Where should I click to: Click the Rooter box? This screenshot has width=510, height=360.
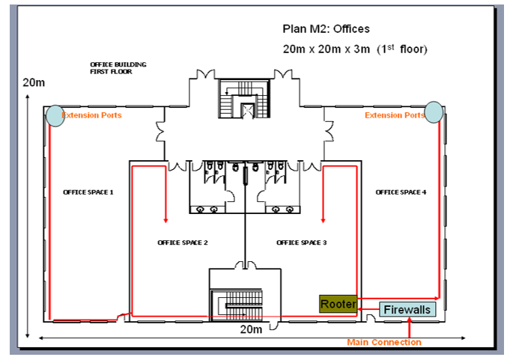click(x=338, y=304)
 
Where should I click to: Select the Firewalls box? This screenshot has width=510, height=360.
click(x=407, y=309)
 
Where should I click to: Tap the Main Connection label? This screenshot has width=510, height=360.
click(x=384, y=342)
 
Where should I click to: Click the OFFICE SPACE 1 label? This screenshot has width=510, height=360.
click(x=88, y=192)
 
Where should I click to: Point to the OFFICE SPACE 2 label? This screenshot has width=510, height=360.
click(x=183, y=242)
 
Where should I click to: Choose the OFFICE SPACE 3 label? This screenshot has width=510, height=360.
click(x=302, y=242)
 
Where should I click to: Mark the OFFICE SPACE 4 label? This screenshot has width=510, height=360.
click(x=401, y=192)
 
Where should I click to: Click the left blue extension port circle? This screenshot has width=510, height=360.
click(x=55, y=115)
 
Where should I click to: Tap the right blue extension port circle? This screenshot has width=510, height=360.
click(x=434, y=112)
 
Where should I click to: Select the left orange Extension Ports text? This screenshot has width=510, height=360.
click(x=92, y=115)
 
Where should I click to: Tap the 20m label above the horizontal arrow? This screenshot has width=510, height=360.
click(x=250, y=329)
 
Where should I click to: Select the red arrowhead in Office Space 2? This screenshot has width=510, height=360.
click(x=166, y=220)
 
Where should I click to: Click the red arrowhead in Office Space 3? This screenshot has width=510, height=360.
click(x=323, y=220)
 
